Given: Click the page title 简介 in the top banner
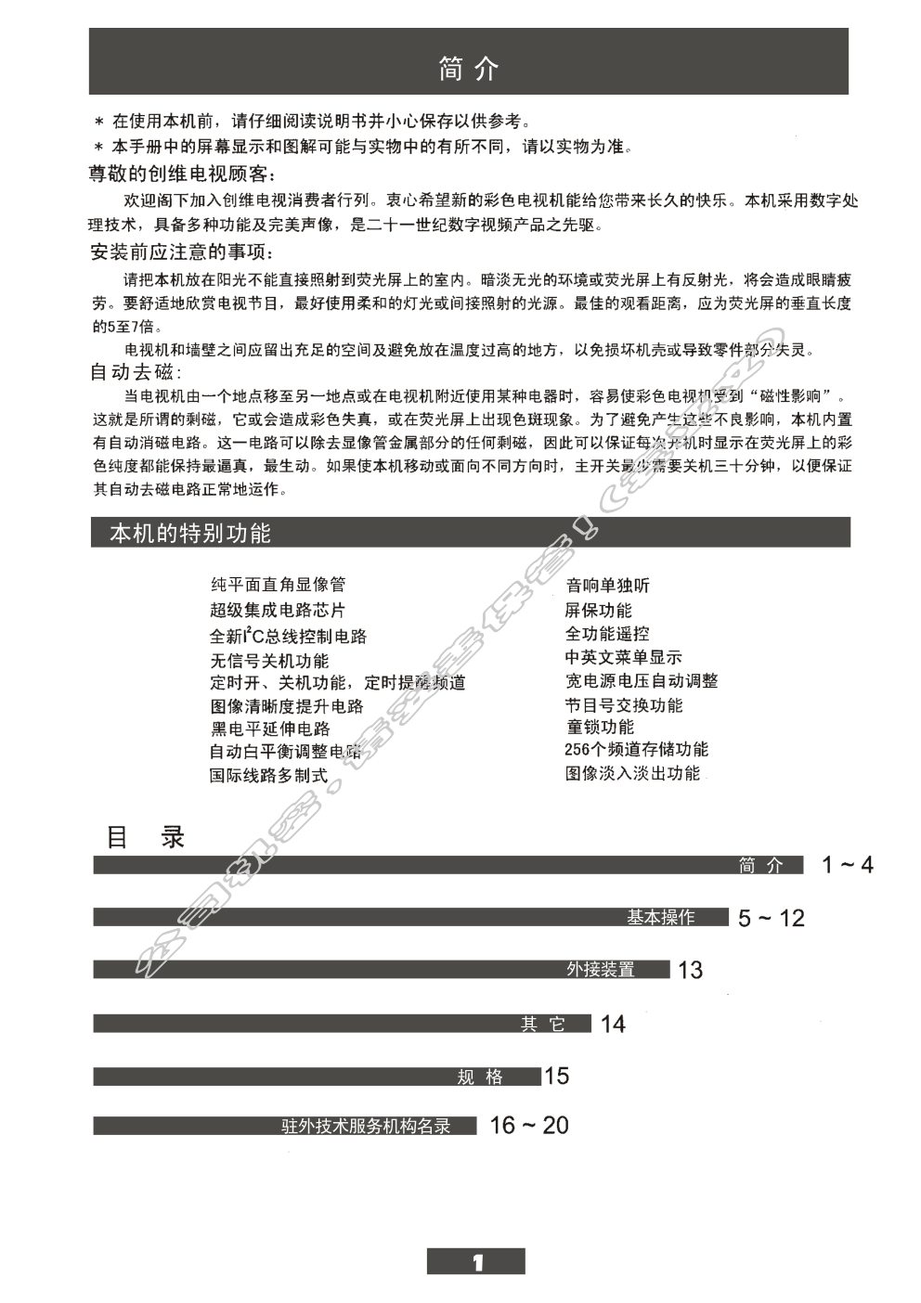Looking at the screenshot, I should click(468, 70).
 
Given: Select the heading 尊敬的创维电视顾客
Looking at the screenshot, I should click(182, 174).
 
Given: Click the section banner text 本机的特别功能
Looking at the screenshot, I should click(190, 533).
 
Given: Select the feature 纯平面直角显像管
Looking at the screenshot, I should click(278, 585).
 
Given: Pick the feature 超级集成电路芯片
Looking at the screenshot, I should click(278, 611).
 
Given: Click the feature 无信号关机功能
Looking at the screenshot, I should click(269, 661).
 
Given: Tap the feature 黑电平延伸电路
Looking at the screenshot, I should click(269, 729).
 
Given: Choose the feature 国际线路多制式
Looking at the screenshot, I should click(268, 776).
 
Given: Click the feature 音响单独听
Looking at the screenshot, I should click(608, 585).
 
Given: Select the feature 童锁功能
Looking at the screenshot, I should click(600, 727).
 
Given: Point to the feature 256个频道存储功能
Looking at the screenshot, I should click(636, 749).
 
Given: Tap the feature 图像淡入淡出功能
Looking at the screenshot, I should click(632, 773).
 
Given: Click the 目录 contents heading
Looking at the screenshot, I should click(146, 837).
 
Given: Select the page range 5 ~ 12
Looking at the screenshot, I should click(771, 919).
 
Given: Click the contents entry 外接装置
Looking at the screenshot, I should click(601, 970).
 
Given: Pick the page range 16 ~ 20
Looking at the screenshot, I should click(529, 1126).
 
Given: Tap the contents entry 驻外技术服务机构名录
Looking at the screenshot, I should click(366, 1127).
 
